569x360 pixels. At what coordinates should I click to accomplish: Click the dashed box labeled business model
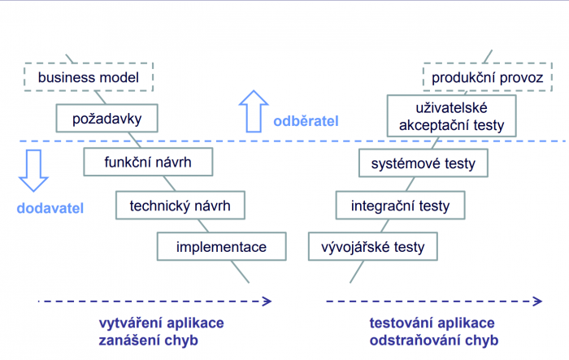click(89, 77)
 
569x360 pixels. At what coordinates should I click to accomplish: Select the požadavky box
click(106, 119)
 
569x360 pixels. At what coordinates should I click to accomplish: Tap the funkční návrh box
click(148, 162)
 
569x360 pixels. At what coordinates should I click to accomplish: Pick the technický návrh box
click(180, 206)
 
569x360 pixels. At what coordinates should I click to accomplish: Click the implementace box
click(222, 247)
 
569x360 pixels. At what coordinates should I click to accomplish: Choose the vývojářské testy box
click(373, 247)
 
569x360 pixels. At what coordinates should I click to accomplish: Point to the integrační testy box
click(400, 206)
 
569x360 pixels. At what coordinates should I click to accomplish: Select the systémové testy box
click(423, 163)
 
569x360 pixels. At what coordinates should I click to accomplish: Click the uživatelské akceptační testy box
click(452, 115)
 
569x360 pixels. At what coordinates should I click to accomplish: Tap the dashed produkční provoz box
click(488, 77)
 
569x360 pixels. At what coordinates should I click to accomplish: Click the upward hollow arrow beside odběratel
click(254, 111)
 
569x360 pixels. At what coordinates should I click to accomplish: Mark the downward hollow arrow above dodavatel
click(33, 171)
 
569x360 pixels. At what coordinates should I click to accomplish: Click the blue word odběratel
click(306, 121)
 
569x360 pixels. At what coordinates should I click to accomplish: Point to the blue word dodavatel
click(50, 208)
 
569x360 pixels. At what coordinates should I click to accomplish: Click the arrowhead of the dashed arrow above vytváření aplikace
click(267, 301)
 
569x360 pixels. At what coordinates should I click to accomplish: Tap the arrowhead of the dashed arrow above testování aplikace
click(538, 301)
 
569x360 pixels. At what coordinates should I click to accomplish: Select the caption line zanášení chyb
click(149, 340)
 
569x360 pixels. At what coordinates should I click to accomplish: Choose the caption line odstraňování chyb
click(434, 340)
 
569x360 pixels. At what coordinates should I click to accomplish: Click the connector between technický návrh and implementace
click(203, 226)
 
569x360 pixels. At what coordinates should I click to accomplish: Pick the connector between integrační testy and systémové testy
click(410, 184)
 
